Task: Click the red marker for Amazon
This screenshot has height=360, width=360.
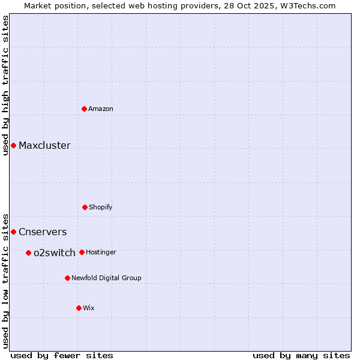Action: tap(84, 109)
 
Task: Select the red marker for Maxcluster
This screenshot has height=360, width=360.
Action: tap(13, 145)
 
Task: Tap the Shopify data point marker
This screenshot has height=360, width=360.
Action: tap(85, 207)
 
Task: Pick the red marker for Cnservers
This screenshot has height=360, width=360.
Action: tap(13, 232)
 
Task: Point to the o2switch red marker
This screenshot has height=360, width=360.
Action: tap(28, 253)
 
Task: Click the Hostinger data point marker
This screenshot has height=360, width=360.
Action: tap(82, 252)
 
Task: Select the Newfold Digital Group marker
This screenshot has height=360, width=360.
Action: tap(67, 278)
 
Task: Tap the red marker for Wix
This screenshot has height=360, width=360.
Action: tap(79, 308)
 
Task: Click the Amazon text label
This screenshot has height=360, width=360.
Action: tap(101, 109)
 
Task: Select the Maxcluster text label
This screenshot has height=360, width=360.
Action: tap(44, 145)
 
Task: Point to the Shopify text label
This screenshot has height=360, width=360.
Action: tap(101, 207)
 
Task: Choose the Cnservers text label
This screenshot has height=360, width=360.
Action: tap(43, 232)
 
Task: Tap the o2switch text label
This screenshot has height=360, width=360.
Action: tap(55, 253)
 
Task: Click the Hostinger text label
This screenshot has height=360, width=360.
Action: tap(101, 252)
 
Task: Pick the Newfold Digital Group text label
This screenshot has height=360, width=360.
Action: tap(106, 278)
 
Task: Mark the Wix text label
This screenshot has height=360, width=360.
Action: tap(89, 308)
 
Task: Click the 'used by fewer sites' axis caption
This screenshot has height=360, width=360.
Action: tap(62, 355)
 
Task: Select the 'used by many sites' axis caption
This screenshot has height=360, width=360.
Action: tap(301, 355)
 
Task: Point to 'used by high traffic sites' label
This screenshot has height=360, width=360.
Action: tap(5, 85)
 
